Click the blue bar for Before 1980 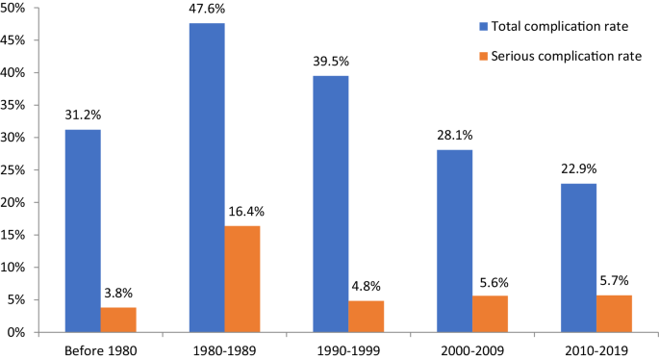pyautogui.click(x=83, y=231)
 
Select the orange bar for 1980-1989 pyautogui.click(x=242, y=279)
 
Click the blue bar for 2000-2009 pyautogui.click(x=455, y=241)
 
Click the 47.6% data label pyautogui.click(x=207, y=11)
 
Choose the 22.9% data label pyautogui.click(x=579, y=171)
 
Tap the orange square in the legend pyautogui.click(x=477, y=57)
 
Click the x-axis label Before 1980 pyautogui.click(x=100, y=349)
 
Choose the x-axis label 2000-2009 pyautogui.click(x=472, y=349)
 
